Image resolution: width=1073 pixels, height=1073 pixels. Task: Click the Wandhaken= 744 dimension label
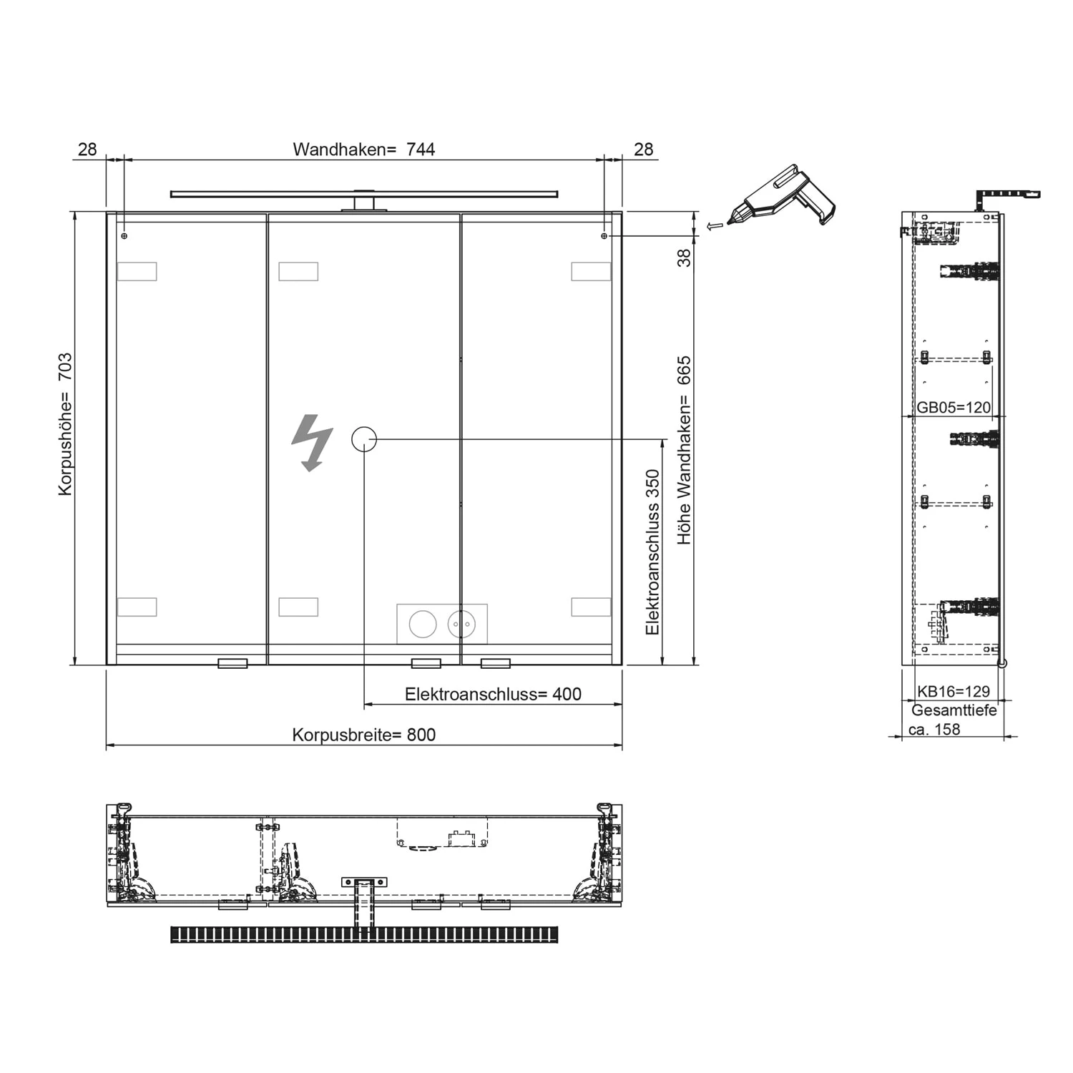point(363,150)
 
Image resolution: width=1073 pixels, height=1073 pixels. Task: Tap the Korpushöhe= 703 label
point(65,423)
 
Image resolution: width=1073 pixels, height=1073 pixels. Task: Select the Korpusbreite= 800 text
point(363,735)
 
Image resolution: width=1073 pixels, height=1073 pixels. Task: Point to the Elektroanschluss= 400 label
point(493,694)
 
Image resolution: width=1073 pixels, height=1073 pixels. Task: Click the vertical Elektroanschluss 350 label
point(652,552)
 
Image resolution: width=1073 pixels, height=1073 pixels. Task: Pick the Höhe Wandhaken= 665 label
point(685,450)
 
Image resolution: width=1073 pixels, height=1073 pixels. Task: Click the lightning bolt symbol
point(312,442)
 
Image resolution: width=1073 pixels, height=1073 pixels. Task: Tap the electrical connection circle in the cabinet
point(364,439)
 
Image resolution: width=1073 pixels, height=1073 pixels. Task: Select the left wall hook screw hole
point(124,235)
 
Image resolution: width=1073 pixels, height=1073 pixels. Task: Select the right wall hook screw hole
point(604,235)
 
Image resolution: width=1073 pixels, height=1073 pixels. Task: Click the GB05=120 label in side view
point(954,408)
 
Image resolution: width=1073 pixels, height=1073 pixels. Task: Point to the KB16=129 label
point(954,691)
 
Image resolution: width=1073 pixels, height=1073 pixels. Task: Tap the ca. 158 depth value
point(934,730)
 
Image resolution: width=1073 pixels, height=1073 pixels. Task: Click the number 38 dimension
point(685,258)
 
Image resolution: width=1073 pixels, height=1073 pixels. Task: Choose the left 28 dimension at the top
point(87,150)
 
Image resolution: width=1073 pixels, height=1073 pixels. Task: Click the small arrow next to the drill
point(712,226)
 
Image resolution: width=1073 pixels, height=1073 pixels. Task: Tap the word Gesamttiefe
point(954,710)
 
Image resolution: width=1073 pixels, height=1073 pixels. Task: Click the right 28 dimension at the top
point(644,150)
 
